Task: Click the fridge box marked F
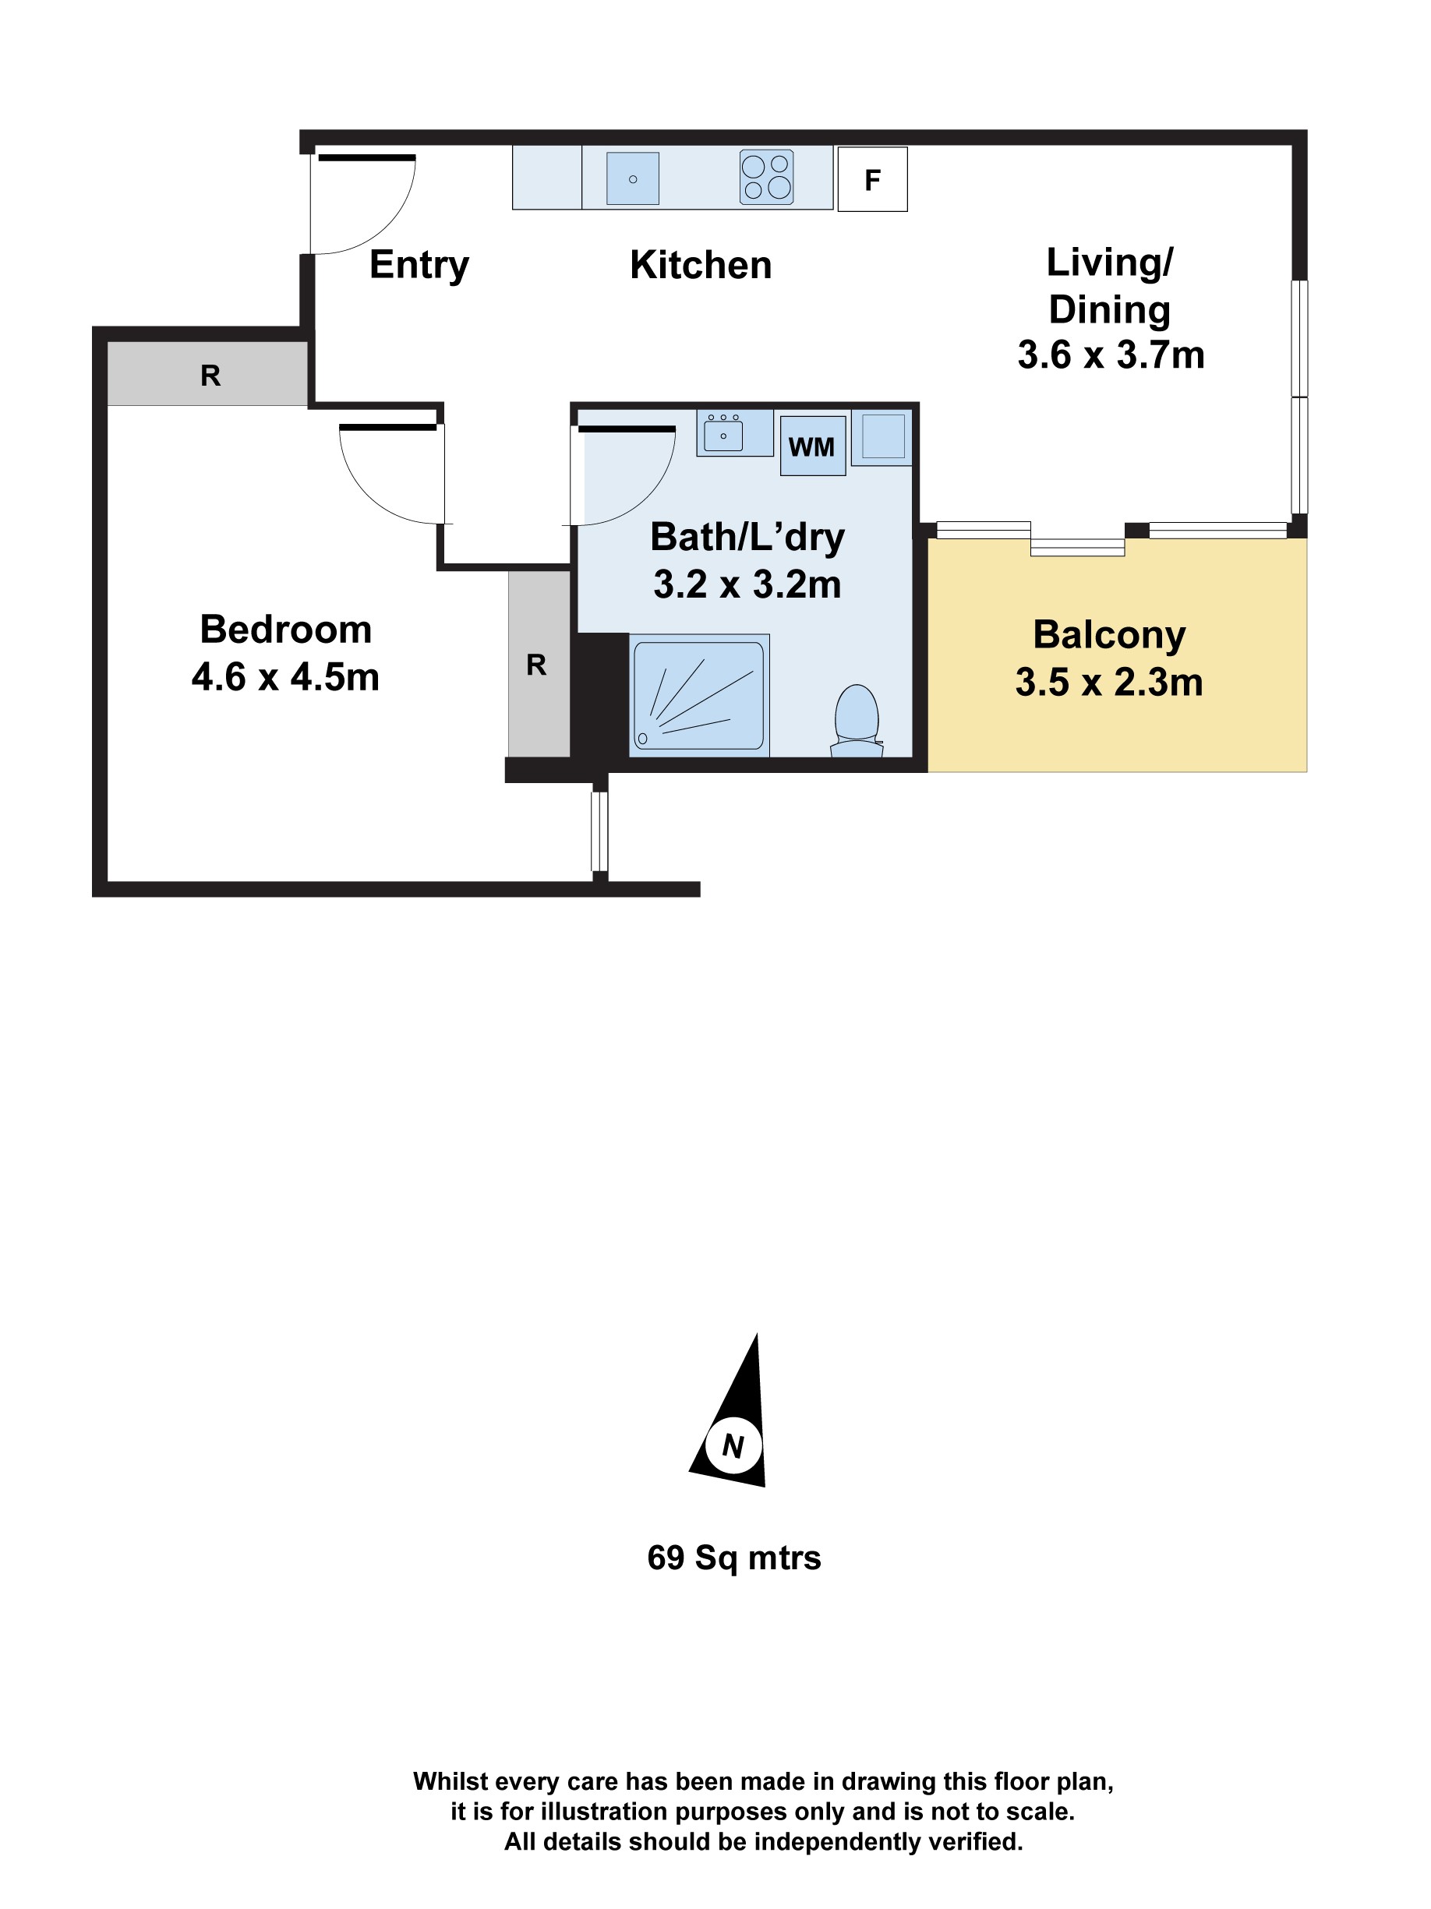pos(871,179)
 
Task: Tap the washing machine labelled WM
pos(811,446)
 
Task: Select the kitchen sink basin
pos(632,178)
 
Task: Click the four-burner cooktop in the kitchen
pos(765,178)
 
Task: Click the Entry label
pos(419,265)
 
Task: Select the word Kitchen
pos(700,265)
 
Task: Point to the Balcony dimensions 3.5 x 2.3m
pos(1108,683)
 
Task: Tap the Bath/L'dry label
pos(747,537)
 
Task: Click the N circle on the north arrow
pos(733,1445)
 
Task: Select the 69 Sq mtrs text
pos(733,1558)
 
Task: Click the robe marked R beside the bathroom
pos(537,665)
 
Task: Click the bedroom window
pos(599,831)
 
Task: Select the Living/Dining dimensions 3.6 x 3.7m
pos(1110,355)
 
